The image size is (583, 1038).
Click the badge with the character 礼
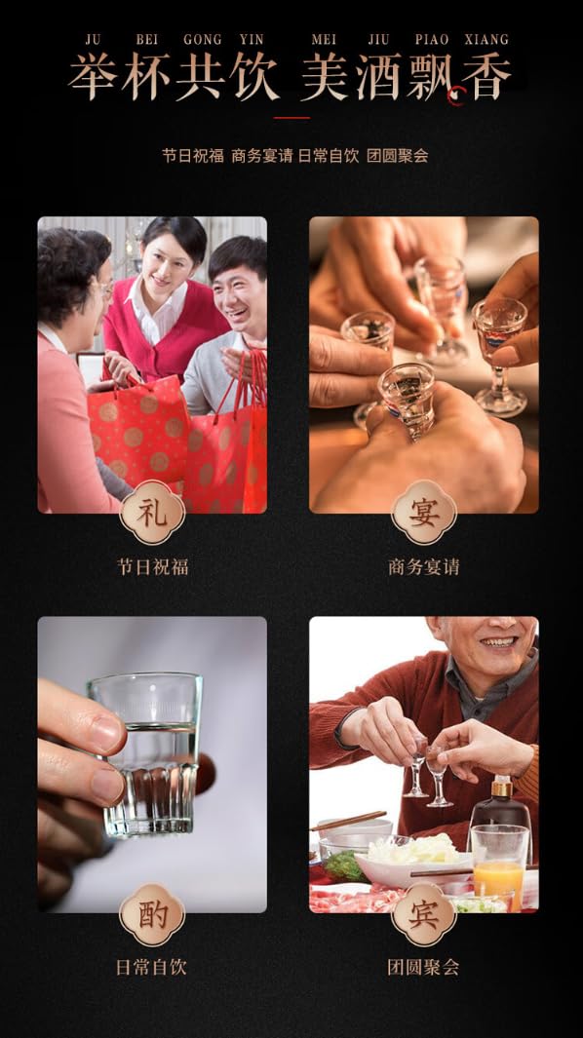tap(152, 512)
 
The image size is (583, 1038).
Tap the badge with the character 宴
tap(424, 512)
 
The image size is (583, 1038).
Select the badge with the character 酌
tap(152, 915)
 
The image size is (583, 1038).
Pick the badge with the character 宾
tap(424, 915)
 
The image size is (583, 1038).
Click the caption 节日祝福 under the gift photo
tap(152, 566)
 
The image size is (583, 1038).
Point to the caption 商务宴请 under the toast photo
tap(424, 566)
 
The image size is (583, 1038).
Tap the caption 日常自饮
tap(151, 968)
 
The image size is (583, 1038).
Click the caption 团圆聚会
tap(423, 968)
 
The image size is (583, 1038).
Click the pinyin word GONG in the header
tap(203, 40)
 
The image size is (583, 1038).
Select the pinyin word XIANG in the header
tap(486, 40)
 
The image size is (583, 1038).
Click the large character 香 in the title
tap(486, 77)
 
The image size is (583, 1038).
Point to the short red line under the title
tap(291, 118)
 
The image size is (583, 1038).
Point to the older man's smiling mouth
tap(499, 643)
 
